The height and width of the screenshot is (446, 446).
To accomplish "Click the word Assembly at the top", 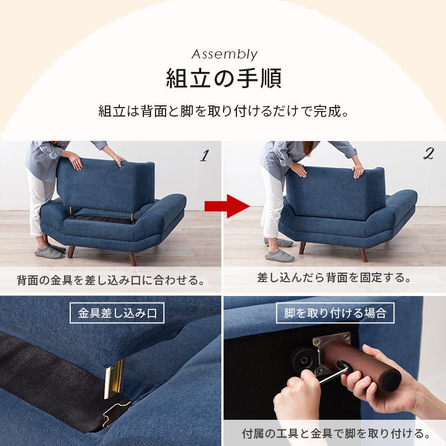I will pos(224,54).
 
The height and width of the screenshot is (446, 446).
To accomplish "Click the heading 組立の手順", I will pos(224,78).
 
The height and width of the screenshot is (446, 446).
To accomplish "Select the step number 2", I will pos(428,155).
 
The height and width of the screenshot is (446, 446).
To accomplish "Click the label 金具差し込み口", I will pos(117,313).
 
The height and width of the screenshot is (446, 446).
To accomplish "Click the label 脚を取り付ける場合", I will pos(335,313).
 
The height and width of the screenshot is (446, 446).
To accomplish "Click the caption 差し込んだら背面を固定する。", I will pos(334,277).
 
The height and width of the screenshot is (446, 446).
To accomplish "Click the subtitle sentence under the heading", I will pos(224,110).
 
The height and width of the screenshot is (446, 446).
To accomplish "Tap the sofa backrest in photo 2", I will pos(334,192).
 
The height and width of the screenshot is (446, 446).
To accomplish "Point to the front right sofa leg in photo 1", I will pos(132,259).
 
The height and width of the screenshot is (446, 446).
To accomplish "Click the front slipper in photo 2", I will pos(279,256).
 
